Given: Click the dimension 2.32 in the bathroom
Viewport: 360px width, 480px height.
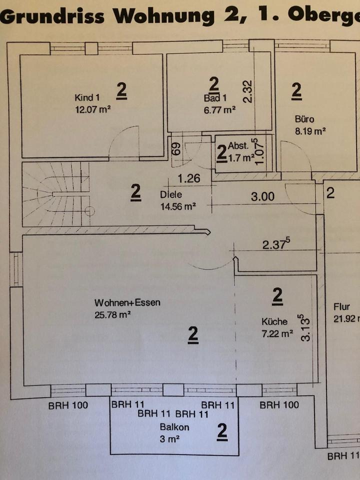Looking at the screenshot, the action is (248, 91).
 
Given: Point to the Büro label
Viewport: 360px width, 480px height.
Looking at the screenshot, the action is (304, 119).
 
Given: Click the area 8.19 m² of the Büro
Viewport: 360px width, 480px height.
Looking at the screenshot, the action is (310, 131).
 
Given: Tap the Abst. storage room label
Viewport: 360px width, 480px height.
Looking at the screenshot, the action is (238, 146).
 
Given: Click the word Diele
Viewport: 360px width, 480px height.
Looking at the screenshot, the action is (170, 195).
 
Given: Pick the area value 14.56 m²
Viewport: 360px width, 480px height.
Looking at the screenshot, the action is (178, 205).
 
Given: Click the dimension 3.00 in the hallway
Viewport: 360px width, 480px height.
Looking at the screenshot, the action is (262, 196).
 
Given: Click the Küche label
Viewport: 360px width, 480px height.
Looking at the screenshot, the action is (274, 321).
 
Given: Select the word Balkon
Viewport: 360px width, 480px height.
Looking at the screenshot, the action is (174, 427).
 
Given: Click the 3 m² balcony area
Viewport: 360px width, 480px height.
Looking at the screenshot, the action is (169, 439).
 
